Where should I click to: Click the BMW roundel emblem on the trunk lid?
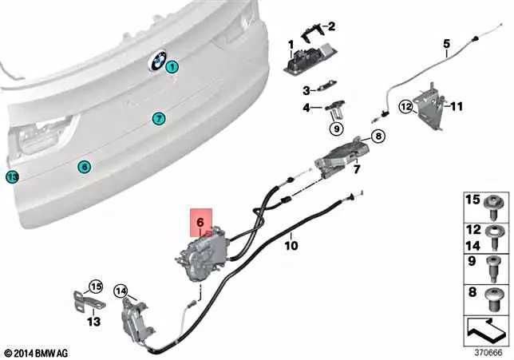[x=157, y=60]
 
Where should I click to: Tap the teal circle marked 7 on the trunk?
[x=159, y=118]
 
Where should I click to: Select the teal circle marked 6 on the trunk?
[x=85, y=167]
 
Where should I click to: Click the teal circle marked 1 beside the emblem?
[x=172, y=67]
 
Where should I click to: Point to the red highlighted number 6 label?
[x=201, y=222]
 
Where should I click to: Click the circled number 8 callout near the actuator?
[x=378, y=136]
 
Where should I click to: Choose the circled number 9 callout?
[x=337, y=129]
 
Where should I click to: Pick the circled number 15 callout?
[x=97, y=287]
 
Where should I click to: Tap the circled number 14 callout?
[x=121, y=291]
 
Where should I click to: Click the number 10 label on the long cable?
[x=291, y=245]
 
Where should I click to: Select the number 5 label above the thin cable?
[x=447, y=44]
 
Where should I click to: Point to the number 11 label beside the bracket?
[x=456, y=106]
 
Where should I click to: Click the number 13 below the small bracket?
[x=93, y=322]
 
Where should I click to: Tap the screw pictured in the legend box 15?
[x=492, y=208]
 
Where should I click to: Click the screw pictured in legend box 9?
[x=493, y=270]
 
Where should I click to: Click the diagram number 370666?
[x=488, y=353]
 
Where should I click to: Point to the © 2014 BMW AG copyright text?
[x=37, y=354]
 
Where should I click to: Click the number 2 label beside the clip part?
[x=332, y=26]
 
